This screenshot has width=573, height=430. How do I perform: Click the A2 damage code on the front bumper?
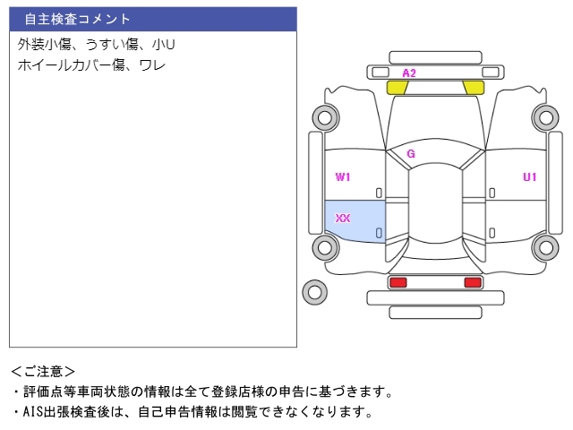click(409, 73)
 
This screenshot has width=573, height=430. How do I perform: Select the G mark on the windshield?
click(411, 153)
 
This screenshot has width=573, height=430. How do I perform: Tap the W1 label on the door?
click(343, 177)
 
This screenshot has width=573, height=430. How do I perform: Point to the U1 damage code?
click(529, 177)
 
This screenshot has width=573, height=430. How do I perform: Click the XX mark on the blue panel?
click(343, 219)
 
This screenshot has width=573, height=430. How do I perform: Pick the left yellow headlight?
click(398, 88)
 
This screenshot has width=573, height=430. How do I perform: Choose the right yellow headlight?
click(474, 88)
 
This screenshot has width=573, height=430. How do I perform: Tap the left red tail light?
click(398, 282)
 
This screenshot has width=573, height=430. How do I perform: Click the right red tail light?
click(473, 282)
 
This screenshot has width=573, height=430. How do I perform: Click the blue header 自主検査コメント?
click(78, 19)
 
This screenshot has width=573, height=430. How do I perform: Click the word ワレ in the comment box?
click(152, 65)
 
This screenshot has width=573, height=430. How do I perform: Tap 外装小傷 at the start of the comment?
click(44, 45)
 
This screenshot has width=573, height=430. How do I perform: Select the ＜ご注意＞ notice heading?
click(43, 372)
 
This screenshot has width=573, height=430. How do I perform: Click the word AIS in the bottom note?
click(33, 412)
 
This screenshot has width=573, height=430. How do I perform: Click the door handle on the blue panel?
click(379, 233)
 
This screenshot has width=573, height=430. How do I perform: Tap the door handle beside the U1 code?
click(492, 193)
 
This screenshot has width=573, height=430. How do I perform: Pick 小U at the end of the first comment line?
click(163, 45)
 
